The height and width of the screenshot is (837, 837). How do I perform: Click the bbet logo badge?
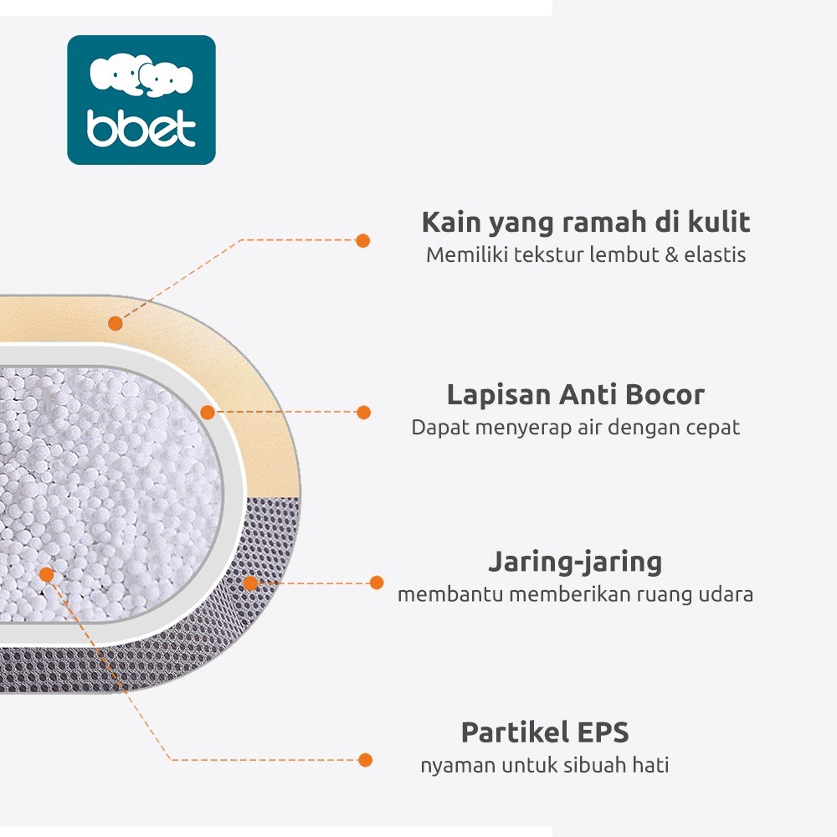click(141, 100)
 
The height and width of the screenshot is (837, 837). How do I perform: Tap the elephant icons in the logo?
click(141, 76)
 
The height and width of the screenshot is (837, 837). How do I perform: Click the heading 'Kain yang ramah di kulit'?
click(585, 223)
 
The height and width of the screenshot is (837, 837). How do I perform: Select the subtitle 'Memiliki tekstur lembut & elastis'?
click(585, 255)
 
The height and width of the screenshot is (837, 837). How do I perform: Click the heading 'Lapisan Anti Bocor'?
click(575, 394)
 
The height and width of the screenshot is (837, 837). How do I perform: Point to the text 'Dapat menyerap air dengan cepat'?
click(575, 427)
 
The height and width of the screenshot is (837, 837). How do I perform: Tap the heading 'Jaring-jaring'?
click(575, 562)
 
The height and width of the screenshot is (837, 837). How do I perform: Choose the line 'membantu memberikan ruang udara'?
click(575, 594)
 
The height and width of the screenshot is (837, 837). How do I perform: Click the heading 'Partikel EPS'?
click(545, 732)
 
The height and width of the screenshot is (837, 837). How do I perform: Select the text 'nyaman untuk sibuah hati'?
click(545, 765)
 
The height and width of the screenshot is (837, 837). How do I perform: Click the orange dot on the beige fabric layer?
click(116, 323)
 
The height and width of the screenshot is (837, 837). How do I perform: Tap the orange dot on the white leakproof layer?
click(208, 412)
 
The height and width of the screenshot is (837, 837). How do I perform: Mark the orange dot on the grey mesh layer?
click(250, 583)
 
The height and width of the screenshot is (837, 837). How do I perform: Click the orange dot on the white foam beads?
click(47, 574)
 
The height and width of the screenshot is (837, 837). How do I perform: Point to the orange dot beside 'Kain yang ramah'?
click(362, 240)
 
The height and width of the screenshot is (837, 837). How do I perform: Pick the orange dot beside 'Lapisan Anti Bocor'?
click(363, 412)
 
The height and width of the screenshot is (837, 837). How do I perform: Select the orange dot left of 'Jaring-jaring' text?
click(377, 583)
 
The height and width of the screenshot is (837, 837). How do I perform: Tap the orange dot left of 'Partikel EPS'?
click(365, 760)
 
